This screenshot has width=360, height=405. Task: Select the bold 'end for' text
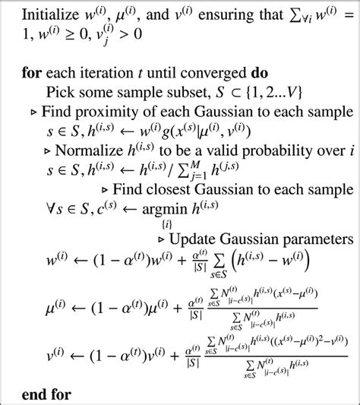[48, 394]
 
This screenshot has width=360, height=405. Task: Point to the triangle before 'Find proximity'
[34, 110]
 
